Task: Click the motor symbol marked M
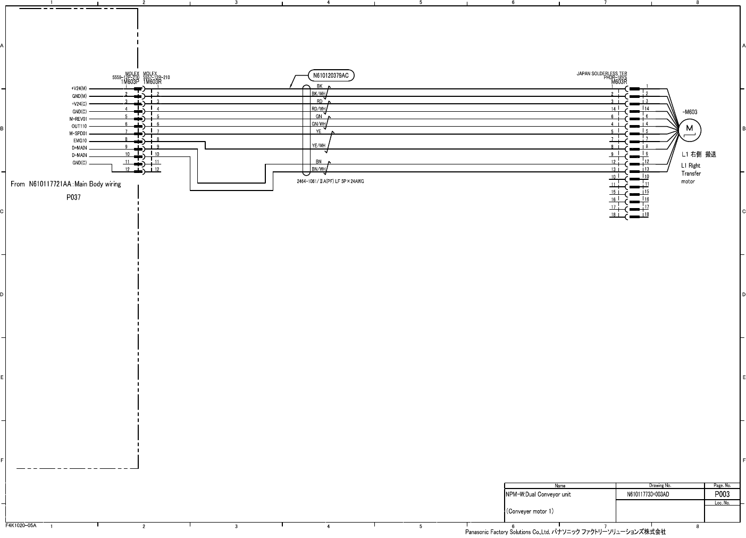(x=690, y=129)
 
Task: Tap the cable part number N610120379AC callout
(x=330, y=76)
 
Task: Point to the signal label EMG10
(x=80, y=141)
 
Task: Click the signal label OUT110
(x=79, y=126)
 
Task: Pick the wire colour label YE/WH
(x=318, y=145)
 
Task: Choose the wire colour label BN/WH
(x=318, y=169)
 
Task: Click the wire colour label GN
(x=319, y=116)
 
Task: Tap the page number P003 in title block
(x=722, y=494)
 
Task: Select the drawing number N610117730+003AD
(x=648, y=494)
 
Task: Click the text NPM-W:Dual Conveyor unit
(x=539, y=494)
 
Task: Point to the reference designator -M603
(x=690, y=112)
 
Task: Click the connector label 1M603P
(x=130, y=82)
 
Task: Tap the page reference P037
(x=73, y=197)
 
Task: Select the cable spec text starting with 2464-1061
(x=330, y=181)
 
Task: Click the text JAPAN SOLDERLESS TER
(x=601, y=73)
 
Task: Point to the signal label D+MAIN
(x=79, y=148)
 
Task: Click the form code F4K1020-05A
(x=21, y=525)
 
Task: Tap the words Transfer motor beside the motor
(x=691, y=177)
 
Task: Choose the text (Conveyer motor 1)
(x=530, y=511)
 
